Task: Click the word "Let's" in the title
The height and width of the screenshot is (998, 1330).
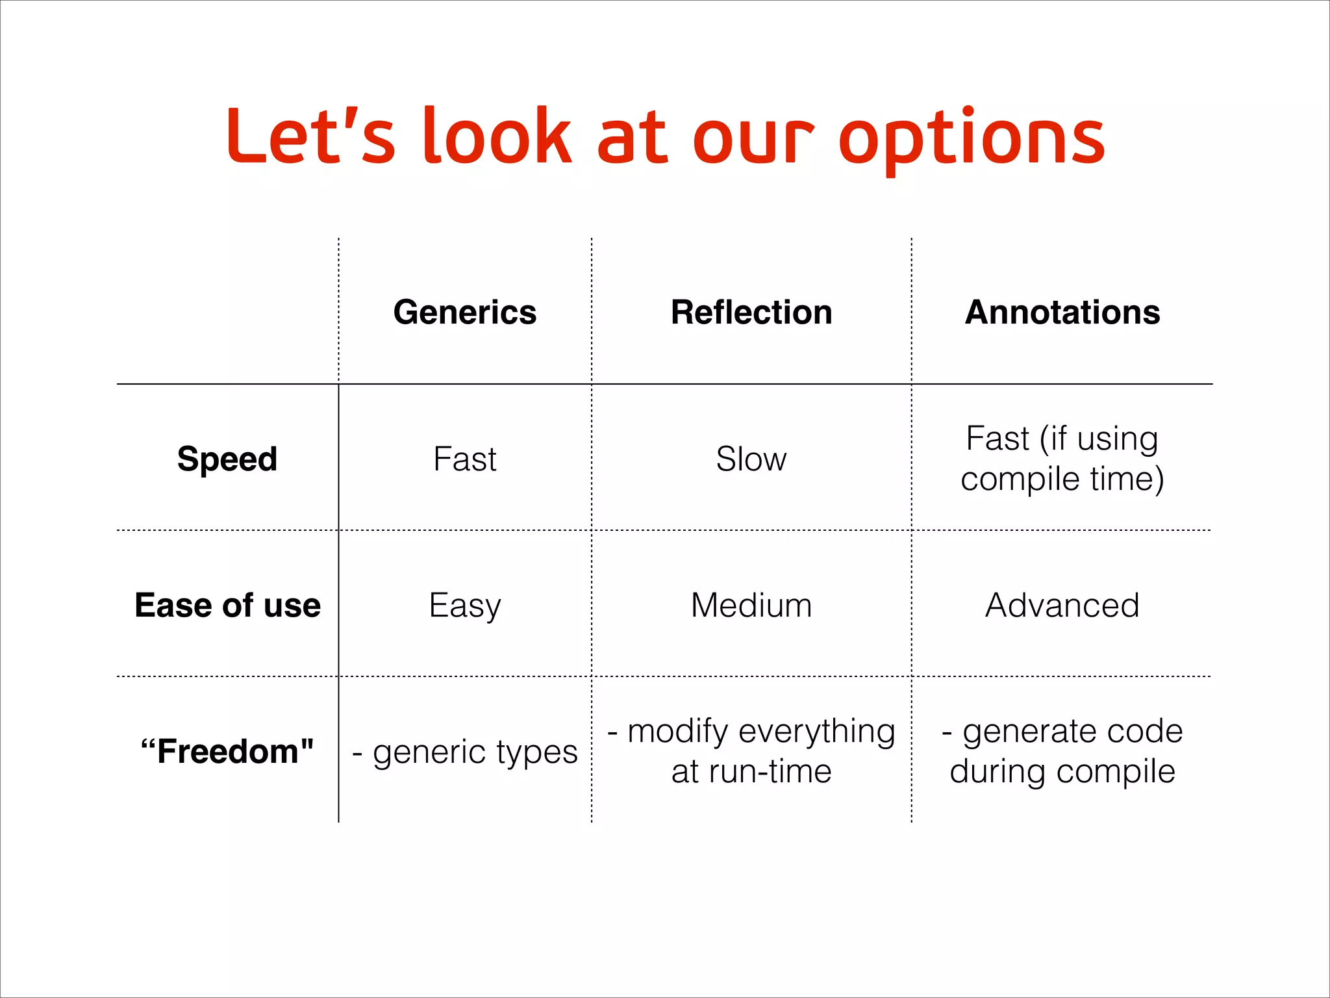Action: [310, 136]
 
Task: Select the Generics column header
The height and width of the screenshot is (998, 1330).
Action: [465, 313]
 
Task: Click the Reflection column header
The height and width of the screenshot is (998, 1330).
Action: [751, 313]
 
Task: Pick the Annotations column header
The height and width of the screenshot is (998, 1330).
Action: [1062, 313]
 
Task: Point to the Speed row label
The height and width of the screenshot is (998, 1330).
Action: [227, 459]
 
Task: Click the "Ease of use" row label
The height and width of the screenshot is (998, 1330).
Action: [227, 606]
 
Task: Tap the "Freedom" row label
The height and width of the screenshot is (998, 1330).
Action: [227, 752]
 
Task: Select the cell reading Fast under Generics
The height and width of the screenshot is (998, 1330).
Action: [465, 459]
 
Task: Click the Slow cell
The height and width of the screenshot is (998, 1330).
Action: [751, 459]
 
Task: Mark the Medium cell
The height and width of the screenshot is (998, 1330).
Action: [751, 606]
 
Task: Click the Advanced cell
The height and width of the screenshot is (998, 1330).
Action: [1062, 606]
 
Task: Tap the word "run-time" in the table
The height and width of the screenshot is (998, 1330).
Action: [770, 772]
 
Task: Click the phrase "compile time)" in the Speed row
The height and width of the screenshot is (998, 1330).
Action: [1062, 480]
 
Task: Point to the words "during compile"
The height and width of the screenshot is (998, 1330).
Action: [1062, 772]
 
